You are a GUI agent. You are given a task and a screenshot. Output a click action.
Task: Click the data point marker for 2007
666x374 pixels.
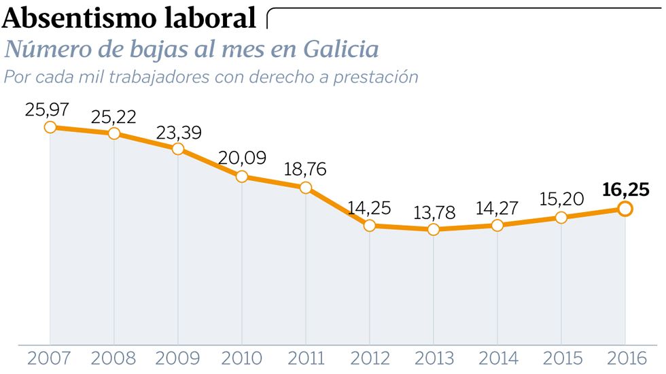click(50, 127)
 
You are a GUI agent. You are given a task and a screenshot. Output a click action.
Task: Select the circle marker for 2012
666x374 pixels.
click(369, 225)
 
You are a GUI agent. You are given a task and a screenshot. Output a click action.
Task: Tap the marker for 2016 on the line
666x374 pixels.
click(625, 209)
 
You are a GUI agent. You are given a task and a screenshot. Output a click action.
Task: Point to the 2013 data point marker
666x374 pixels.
click(434, 230)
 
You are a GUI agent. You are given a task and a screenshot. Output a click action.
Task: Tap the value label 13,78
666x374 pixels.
click(434, 211)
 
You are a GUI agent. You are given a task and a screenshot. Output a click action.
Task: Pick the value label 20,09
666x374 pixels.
click(241, 158)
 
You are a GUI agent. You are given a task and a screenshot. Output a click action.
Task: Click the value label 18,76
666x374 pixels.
click(305, 169)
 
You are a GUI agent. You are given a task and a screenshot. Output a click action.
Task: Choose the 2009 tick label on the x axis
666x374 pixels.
click(177, 358)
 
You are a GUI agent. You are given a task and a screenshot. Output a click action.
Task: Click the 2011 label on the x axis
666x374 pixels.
click(305, 358)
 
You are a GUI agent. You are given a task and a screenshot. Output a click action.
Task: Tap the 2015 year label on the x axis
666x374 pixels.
click(561, 358)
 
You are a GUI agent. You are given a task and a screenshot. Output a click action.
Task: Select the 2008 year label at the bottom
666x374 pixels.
click(113, 358)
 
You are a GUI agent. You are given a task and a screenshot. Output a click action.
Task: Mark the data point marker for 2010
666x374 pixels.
click(241, 177)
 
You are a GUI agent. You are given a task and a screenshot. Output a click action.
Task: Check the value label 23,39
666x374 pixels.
click(178, 133)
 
